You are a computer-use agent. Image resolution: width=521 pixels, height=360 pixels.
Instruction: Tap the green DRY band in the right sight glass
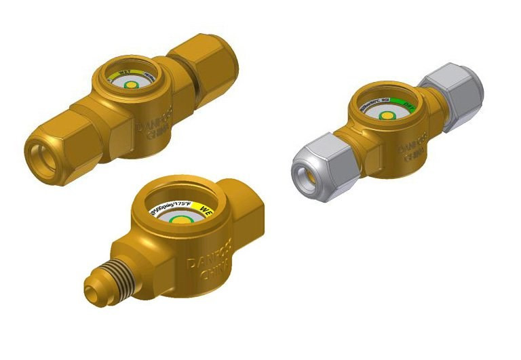(409, 106)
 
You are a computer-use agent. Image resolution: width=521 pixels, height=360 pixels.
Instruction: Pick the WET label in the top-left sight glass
(126, 73)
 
